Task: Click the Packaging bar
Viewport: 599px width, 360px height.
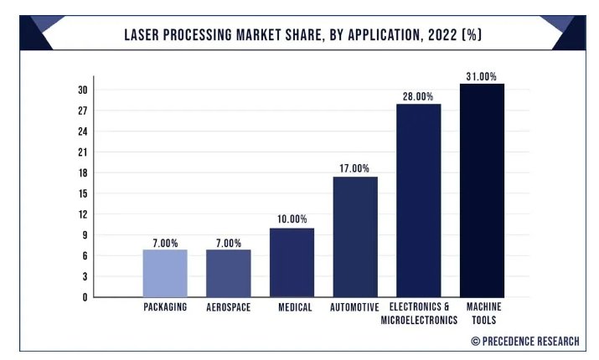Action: [x=165, y=273]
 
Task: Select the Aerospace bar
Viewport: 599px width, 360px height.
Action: [x=229, y=273]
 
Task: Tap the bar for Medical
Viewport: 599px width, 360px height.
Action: [x=292, y=262]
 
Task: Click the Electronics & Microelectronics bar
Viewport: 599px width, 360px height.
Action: [x=419, y=200]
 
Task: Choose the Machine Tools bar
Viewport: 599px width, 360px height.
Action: [x=482, y=190]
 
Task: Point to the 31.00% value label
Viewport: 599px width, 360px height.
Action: [x=482, y=76]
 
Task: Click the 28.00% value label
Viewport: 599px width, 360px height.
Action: [x=419, y=96]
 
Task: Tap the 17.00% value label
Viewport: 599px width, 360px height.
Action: [x=355, y=168]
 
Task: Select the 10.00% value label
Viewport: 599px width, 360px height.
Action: [x=292, y=219]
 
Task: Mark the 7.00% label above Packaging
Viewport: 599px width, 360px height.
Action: [x=165, y=243]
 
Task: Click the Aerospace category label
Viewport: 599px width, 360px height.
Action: [x=229, y=307]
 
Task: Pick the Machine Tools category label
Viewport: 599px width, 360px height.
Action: [x=483, y=313]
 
